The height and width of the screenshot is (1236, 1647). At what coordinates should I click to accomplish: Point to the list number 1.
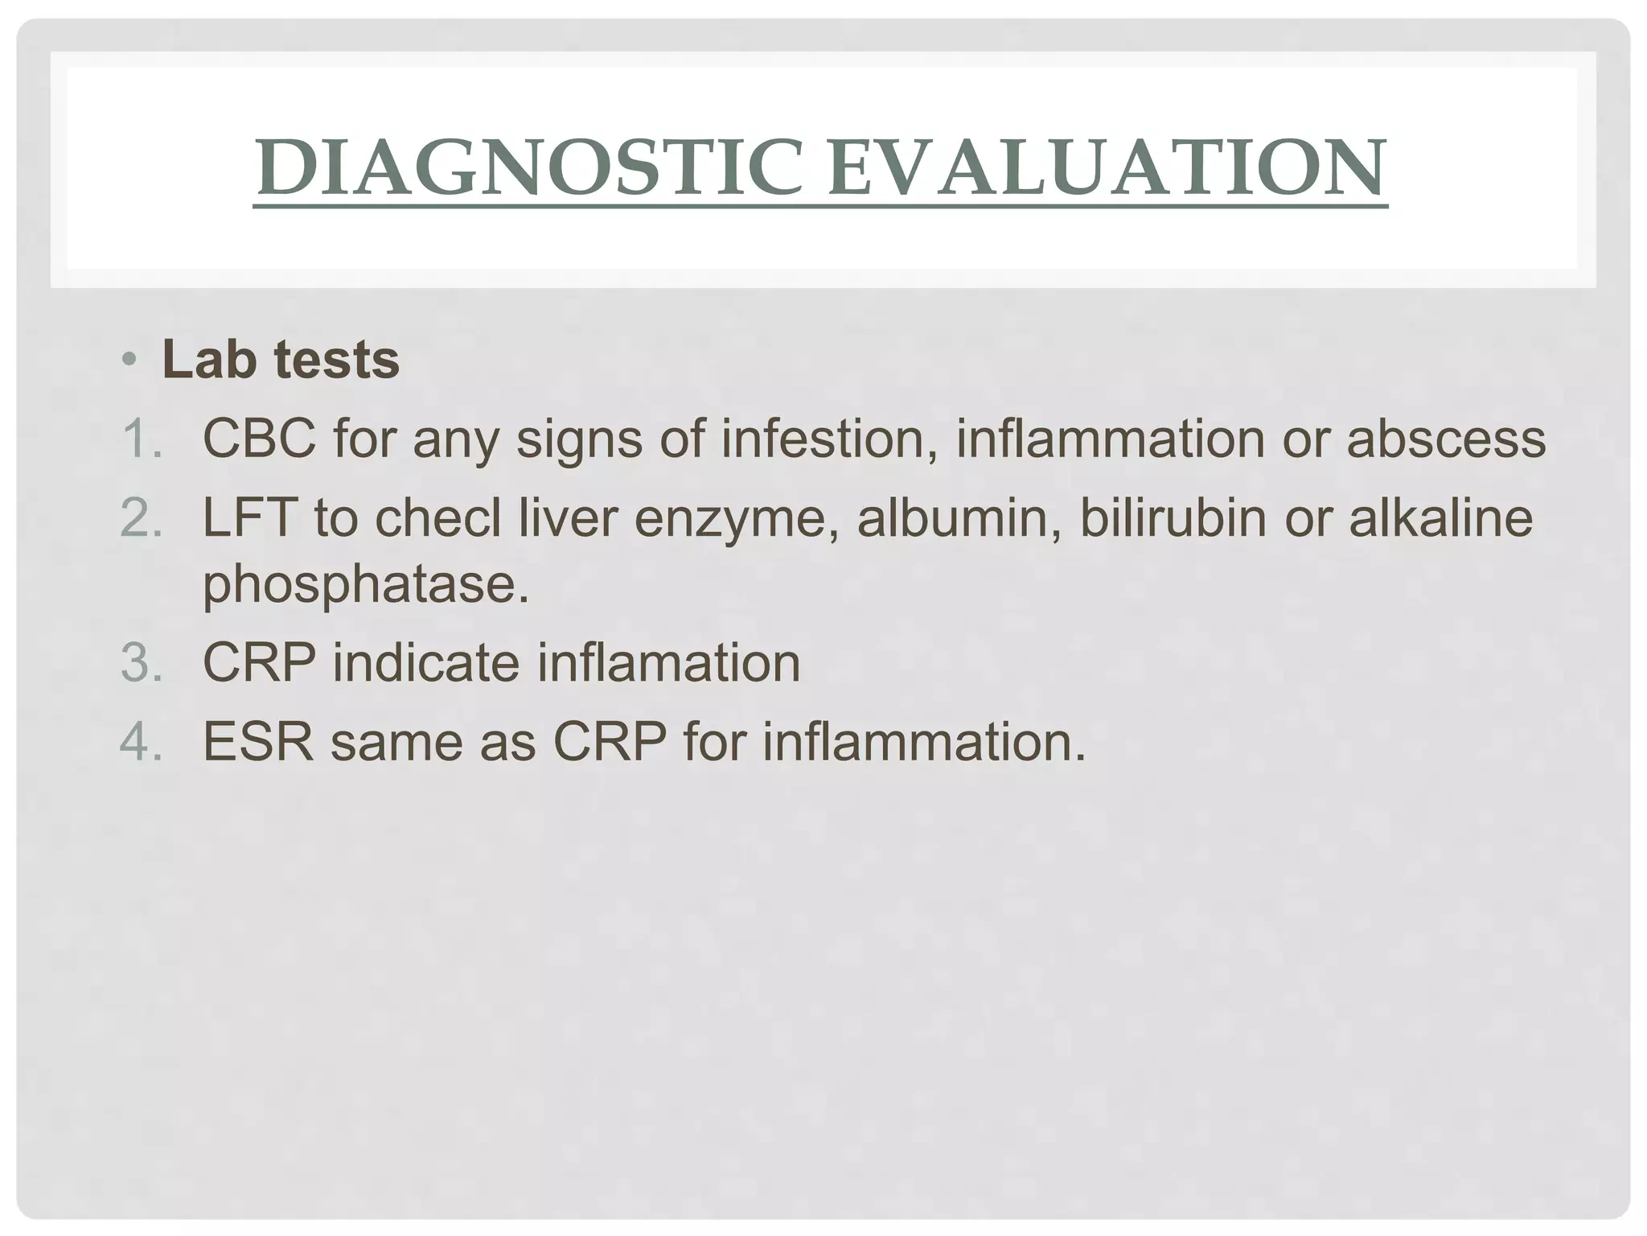coord(142,439)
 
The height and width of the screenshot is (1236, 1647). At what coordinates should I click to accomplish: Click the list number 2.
coord(142,517)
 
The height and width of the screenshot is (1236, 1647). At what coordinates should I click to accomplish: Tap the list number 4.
coord(142,741)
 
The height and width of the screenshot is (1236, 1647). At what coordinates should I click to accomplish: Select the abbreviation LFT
coord(249,517)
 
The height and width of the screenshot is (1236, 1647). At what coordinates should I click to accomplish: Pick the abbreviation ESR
coord(257,741)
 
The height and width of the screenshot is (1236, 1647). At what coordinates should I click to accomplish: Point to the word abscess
coord(1446,439)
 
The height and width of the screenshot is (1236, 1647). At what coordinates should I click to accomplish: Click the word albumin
coord(957,517)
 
